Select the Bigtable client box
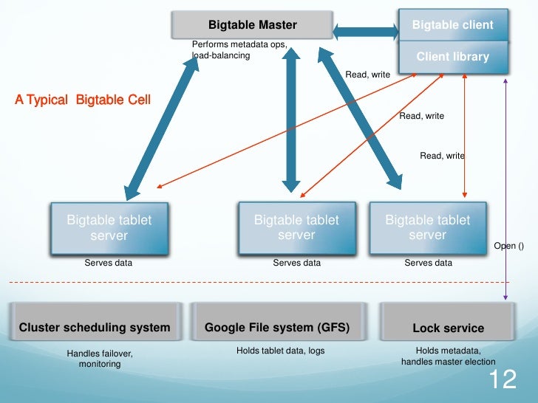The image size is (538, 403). click(452, 25)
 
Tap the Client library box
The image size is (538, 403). click(452, 56)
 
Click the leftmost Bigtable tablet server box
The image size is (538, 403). click(109, 227)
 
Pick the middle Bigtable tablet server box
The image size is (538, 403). click(296, 227)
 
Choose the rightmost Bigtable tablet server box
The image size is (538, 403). click(427, 227)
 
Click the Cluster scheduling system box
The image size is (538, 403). click(94, 328)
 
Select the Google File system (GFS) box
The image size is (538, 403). click(276, 328)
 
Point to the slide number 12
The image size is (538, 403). click(501, 380)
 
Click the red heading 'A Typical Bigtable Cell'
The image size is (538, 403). click(82, 100)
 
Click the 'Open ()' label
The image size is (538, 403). click(508, 246)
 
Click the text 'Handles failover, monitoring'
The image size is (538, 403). click(100, 359)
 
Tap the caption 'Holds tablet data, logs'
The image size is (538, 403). click(280, 351)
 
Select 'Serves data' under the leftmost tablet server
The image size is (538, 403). click(109, 263)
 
